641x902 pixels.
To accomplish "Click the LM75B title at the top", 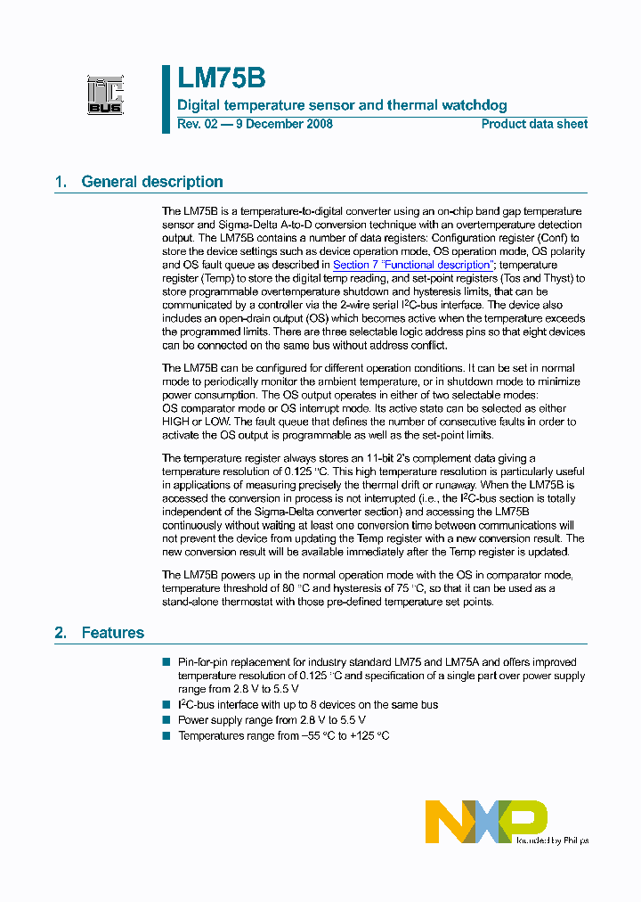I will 221,78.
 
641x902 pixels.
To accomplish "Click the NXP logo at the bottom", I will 485,821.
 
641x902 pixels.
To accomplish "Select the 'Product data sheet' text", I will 534,124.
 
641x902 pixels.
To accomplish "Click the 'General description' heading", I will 152,182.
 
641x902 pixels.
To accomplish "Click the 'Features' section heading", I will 112,633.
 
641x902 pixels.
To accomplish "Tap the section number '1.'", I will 61,182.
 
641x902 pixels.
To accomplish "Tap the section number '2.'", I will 61,633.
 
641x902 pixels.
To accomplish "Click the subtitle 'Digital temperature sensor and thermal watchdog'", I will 343,105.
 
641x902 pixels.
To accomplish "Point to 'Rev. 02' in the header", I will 196,124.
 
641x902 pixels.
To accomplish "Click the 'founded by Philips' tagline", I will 552,840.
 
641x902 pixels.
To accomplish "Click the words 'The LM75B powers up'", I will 218,575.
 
